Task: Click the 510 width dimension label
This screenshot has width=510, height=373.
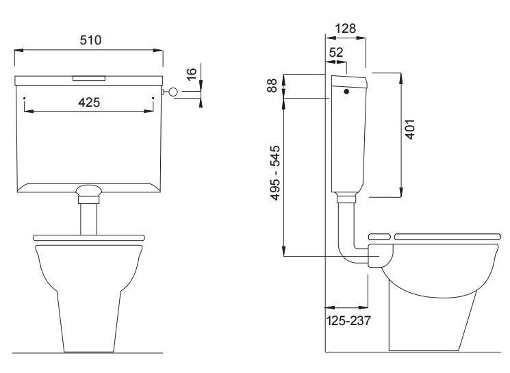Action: click(x=90, y=40)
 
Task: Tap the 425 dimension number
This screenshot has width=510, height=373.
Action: click(x=89, y=103)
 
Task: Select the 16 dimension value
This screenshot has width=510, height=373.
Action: click(x=192, y=74)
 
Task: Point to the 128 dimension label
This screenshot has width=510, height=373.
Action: click(x=346, y=29)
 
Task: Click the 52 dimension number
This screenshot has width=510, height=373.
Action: click(x=336, y=52)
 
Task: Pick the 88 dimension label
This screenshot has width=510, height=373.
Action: click(x=272, y=85)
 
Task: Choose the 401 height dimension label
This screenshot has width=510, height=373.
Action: click(x=411, y=129)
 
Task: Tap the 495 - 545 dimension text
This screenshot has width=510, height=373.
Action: click(x=275, y=173)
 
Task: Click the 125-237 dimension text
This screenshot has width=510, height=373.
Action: click(x=348, y=321)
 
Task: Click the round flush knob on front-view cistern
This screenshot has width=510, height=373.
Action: click(x=173, y=92)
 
